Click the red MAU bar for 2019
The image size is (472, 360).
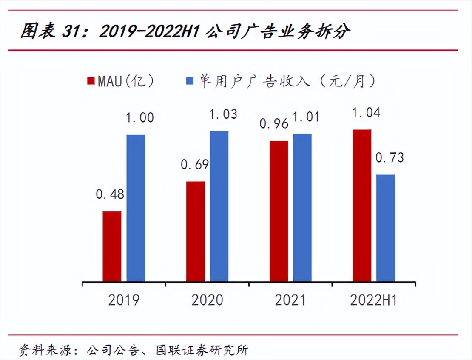[x=112, y=246]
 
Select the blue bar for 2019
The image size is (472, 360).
[x=136, y=208]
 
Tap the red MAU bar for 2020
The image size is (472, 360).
[x=195, y=231]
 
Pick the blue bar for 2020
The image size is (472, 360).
[x=219, y=206]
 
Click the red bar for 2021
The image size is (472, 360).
[x=279, y=211]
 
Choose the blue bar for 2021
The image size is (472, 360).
[x=302, y=208]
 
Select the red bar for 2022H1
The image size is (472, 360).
[x=362, y=206]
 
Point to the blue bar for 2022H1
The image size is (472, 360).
[x=386, y=228]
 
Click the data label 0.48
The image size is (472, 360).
[x=110, y=194]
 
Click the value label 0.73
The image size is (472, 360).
[x=389, y=158]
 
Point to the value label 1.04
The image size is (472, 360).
[x=366, y=113]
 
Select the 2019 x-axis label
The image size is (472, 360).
[x=123, y=300]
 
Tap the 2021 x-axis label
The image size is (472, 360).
[x=290, y=300]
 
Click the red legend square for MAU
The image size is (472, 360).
[x=91, y=81]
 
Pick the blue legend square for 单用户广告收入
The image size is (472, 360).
[x=190, y=81]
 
